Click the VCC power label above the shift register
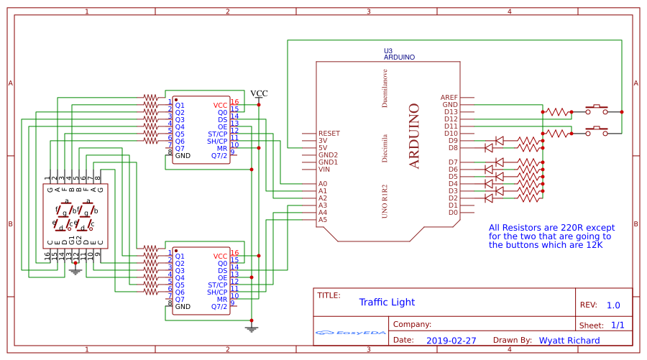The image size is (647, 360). tap(259, 93)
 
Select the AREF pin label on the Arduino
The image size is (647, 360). tap(449, 97)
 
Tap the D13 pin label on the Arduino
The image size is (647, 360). tap(451, 111)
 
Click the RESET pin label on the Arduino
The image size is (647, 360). tap(329, 134)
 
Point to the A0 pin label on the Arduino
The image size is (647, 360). tap(323, 184)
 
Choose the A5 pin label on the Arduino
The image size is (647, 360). tap(323, 220)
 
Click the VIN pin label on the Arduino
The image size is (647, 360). tap(324, 170)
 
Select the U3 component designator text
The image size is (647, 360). tap(388, 50)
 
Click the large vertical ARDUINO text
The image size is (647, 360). tap(414, 137)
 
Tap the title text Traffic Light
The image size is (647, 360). tap(387, 303)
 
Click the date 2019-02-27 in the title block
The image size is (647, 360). tap(451, 341)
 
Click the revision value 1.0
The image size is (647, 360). tap(613, 305)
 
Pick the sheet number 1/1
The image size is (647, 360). tap(618, 325)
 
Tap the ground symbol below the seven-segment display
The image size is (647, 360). tap(75, 272)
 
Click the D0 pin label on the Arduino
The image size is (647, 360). tap(453, 213)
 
